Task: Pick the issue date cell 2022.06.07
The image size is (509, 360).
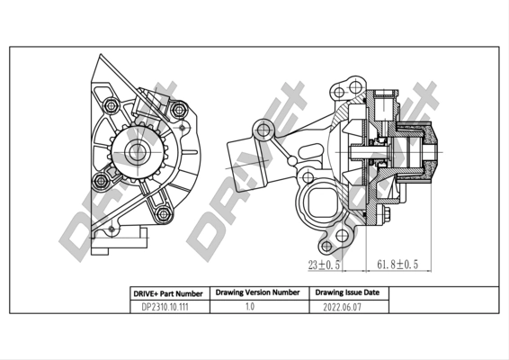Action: [346, 307]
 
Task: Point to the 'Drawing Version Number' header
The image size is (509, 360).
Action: [257, 292]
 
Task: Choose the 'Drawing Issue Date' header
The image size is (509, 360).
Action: [346, 292]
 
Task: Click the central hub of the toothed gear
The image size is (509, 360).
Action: [136, 152]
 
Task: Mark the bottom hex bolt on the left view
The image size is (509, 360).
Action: [162, 214]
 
